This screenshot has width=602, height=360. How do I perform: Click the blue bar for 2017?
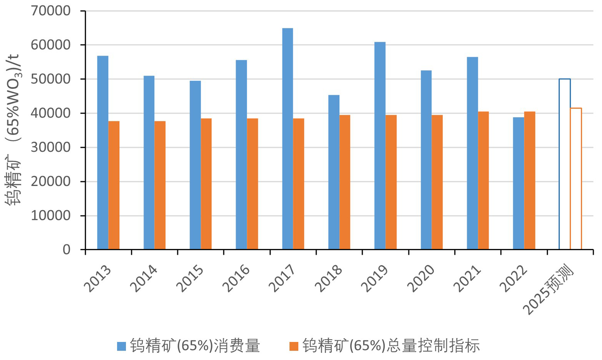(287, 139)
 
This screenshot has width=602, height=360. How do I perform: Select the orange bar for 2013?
(114, 185)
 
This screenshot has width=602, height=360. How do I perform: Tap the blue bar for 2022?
(518, 183)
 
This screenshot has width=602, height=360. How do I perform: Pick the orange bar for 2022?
(529, 180)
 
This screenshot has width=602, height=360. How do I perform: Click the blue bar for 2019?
(380, 145)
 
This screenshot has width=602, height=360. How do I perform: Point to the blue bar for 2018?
(334, 172)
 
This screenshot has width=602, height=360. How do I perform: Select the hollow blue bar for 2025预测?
(564, 164)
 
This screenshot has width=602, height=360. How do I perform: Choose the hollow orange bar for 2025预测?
(576, 178)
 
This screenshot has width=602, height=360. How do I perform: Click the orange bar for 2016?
(253, 184)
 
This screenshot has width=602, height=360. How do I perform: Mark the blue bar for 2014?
(149, 162)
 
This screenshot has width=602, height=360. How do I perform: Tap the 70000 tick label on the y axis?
(51, 11)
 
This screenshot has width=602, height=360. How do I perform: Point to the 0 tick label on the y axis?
(66, 249)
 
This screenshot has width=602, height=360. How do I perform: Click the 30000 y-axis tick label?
(51, 147)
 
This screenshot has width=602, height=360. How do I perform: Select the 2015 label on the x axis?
(190, 279)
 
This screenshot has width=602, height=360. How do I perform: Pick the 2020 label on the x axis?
(421, 279)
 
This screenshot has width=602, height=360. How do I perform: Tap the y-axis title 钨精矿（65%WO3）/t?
(14, 129)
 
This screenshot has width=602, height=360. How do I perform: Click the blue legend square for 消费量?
(122, 346)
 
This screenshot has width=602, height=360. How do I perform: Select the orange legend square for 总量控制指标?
(294, 346)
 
